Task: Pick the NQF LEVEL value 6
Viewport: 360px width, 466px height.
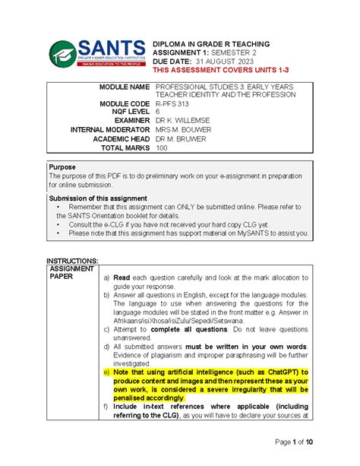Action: (x=157, y=111)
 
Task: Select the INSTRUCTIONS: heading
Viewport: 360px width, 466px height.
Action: (x=73, y=261)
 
